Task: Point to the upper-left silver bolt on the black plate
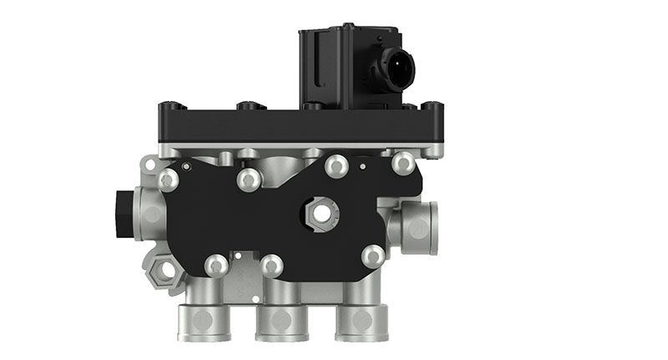click(x=168, y=178)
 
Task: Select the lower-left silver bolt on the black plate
click(x=216, y=265)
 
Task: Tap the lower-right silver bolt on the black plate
click(x=374, y=255)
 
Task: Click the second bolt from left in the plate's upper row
click(x=248, y=178)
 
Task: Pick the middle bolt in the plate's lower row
click(x=271, y=266)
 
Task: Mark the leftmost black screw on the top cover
click(x=170, y=107)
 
